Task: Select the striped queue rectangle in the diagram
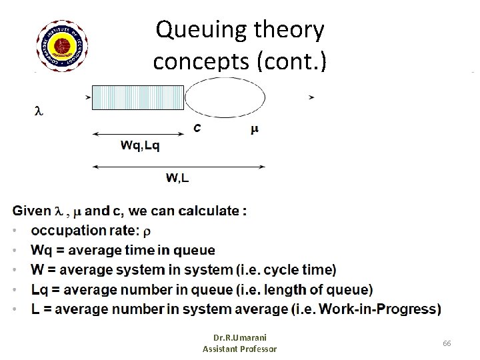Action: [x=137, y=97]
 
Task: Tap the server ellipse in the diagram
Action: [x=225, y=98]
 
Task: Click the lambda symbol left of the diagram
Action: [x=38, y=111]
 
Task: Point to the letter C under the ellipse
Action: [x=198, y=128]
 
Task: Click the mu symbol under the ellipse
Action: [x=255, y=129]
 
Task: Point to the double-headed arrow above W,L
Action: [x=178, y=165]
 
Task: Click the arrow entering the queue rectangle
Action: [x=88, y=97]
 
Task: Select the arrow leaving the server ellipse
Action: [x=311, y=97]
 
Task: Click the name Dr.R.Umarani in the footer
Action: [x=239, y=338]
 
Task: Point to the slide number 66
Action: [x=447, y=342]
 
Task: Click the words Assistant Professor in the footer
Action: [x=239, y=349]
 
